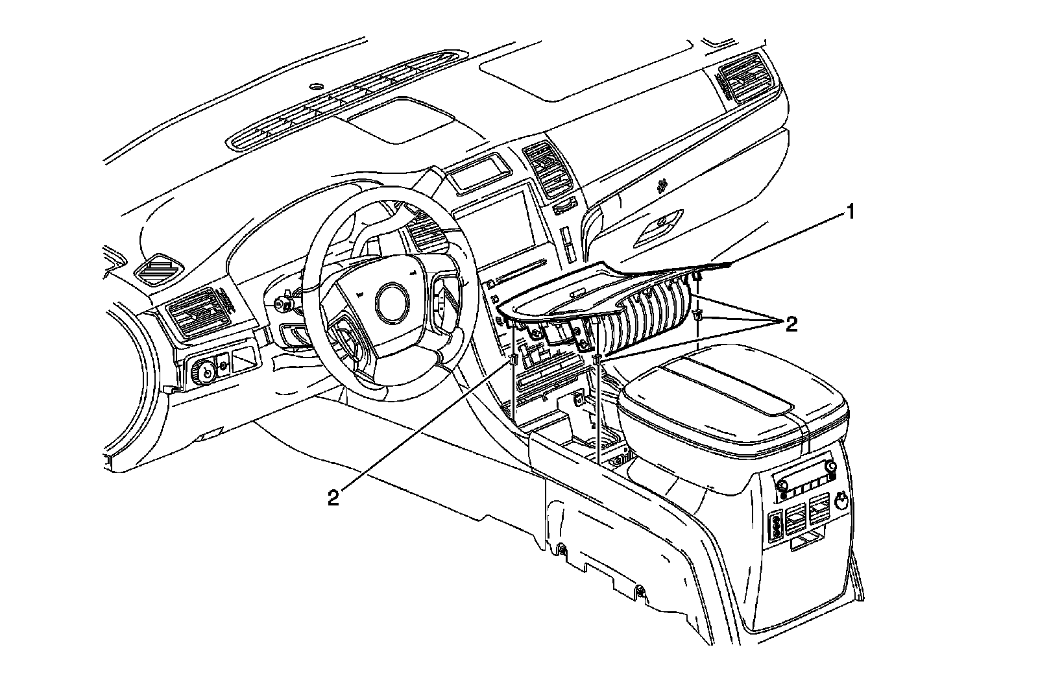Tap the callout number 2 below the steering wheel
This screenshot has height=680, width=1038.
click(333, 498)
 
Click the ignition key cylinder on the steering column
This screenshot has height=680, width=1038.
click(284, 303)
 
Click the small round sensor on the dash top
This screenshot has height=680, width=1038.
click(316, 86)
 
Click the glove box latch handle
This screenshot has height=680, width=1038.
click(662, 223)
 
